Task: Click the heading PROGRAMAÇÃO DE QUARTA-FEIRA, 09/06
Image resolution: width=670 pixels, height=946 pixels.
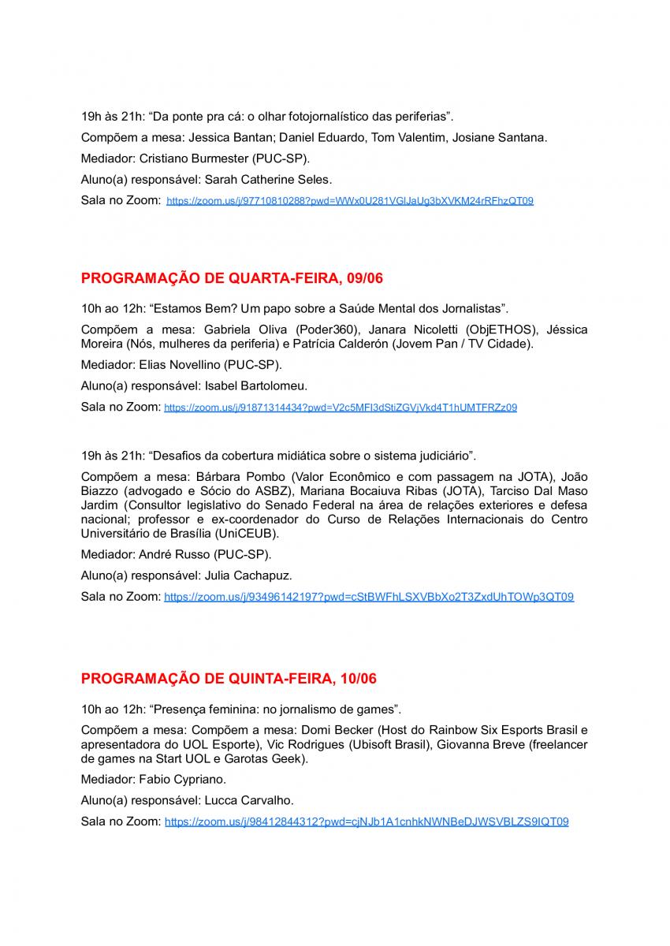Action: pyautogui.click(x=232, y=278)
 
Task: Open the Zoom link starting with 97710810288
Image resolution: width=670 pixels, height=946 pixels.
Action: pyautogui.click(x=349, y=201)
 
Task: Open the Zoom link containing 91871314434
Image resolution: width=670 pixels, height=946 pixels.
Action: pyautogui.click(x=340, y=408)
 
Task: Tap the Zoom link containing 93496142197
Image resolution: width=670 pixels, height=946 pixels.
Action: pyautogui.click(x=368, y=598)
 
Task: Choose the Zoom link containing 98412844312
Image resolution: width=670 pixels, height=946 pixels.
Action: pyautogui.click(x=366, y=821)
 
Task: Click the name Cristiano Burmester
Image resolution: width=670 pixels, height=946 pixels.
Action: pyautogui.click(x=198, y=158)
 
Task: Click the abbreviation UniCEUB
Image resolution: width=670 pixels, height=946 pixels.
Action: pyautogui.click(x=251, y=533)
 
